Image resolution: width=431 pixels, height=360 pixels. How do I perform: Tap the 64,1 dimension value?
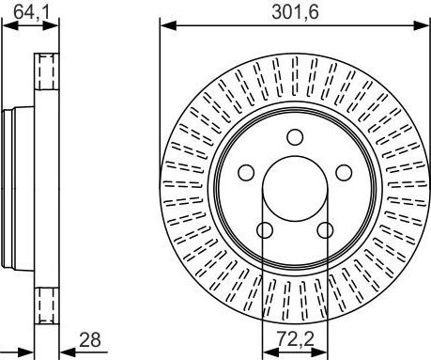[x=27, y=10]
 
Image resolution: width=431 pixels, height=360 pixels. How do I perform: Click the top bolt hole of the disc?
[x=295, y=136]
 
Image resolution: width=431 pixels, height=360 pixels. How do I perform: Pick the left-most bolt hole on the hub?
[x=246, y=172]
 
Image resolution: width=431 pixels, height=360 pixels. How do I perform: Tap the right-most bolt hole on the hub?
[x=344, y=172]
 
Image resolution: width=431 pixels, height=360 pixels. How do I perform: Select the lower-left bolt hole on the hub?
[x=265, y=229]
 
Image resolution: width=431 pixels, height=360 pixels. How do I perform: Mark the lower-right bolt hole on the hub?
[x=325, y=229]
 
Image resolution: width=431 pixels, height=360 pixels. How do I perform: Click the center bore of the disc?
[x=295, y=188]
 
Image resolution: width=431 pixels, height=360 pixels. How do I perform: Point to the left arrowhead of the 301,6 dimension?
[x=165, y=25]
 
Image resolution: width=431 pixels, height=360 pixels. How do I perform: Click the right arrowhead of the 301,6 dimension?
[x=424, y=25]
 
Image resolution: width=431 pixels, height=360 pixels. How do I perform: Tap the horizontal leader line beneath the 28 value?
[x=85, y=349]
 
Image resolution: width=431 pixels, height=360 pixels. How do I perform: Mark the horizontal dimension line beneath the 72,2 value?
[x=295, y=349]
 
